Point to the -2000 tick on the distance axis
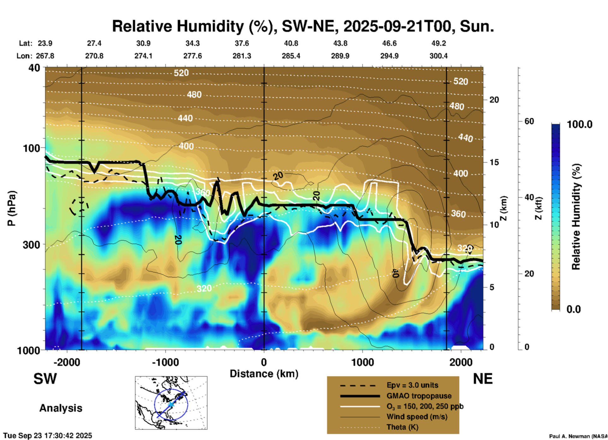click(67, 362)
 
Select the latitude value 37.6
click(241, 43)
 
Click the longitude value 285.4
click(291, 56)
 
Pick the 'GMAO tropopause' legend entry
click(419, 396)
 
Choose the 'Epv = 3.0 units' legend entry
click(412, 385)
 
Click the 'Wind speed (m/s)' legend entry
click(417, 417)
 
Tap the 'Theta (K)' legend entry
click(402, 427)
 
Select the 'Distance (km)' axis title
click(264, 374)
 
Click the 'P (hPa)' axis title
click(12, 208)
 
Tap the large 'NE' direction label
click(483, 379)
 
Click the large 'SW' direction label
click(45, 379)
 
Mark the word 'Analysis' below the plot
click(61, 408)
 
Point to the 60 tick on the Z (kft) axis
click(529, 121)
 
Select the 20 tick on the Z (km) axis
click(494, 100)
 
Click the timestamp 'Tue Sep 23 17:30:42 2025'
click(48, 436)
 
